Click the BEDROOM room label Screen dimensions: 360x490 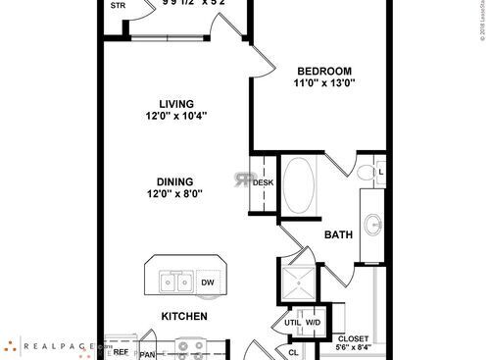click(324, 71)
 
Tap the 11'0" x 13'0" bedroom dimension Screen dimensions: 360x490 click(324, 83)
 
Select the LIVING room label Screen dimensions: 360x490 click(176, 103)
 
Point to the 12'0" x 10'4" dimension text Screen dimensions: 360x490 click(176, 116)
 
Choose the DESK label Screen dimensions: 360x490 click(263, 182)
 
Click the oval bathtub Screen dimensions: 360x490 click(300, 185)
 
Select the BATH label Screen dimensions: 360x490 click(338, 235)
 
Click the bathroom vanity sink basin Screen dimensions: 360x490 click(374, 224)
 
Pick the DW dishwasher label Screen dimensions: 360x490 click(208, 283)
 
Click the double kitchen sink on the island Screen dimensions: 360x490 click(172, 283)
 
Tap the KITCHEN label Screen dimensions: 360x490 click(183, 317)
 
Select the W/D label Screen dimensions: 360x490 click(315, 321)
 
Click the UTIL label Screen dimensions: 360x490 click(292, 321)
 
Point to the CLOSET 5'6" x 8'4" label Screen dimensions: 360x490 click(354, 341)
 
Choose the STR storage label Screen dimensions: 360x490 click(118, 6)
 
